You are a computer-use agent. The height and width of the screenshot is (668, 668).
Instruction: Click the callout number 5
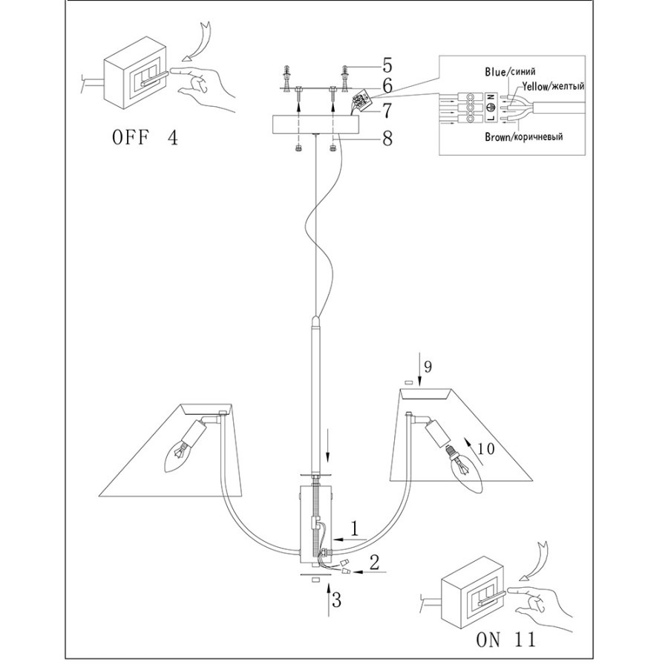tap(387, 68)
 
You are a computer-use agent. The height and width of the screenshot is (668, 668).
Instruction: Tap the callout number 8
tap(387, 139)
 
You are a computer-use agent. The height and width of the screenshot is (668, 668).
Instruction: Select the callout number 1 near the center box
tap(355, 529)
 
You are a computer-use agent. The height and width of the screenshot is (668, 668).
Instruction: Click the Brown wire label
tap(523, 137)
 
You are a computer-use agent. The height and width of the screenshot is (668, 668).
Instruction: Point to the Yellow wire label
tap(553, 86)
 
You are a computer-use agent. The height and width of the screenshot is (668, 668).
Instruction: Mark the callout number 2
tap(374, 562)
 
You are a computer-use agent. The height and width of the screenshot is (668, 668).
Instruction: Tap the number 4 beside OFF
tap(171, 138)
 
